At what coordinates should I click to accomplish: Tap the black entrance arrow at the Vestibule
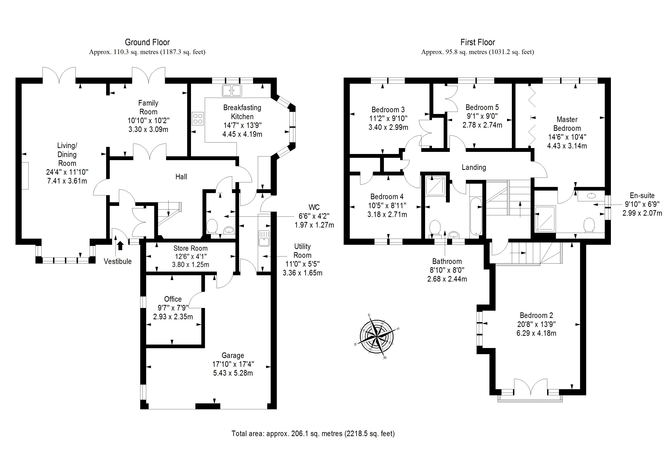(x=120, y=245)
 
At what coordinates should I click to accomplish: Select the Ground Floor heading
(x=147, y=43)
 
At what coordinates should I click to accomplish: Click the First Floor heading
(x=477, y=43)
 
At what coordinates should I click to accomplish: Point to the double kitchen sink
(x=232, y=90)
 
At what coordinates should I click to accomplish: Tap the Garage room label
(x=233, y=356)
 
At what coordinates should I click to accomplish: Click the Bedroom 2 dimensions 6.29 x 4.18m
(x=536, y=333)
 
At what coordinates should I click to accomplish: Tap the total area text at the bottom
(x=313, y=433)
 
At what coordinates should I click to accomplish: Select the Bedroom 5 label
(x=482, y=107)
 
